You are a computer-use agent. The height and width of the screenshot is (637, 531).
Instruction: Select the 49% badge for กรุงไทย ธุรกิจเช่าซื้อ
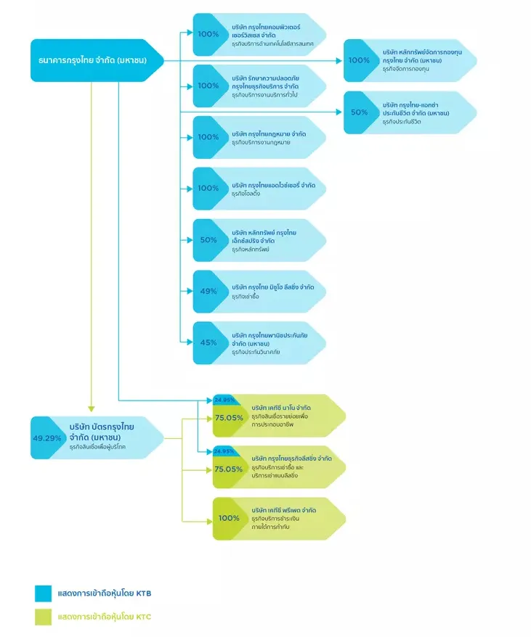(x=208, y=291)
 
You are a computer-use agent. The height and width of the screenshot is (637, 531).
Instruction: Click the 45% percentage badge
(x=208, y=342)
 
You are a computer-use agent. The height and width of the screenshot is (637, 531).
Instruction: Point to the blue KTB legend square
(x=43, y=593)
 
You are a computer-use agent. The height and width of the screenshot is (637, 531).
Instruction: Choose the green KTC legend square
(x=43, y=617)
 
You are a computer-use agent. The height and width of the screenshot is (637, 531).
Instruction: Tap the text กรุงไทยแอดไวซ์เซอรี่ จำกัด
(x=273, y=185)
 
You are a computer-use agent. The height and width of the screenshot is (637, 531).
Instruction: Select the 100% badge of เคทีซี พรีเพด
(x=229, y=519)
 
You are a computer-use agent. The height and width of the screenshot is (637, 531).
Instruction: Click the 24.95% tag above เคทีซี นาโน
(x=223, y=400)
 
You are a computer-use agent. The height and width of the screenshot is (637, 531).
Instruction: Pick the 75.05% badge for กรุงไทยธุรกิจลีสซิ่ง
(x=229, y=469)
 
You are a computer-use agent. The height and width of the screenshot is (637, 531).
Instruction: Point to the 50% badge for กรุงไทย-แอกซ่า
(x=359, y=112)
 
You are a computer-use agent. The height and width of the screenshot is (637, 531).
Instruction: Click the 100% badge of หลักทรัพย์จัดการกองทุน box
(x=359, y=60)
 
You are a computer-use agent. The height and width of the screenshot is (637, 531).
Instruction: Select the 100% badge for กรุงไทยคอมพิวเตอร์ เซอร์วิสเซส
(x=208, y=34)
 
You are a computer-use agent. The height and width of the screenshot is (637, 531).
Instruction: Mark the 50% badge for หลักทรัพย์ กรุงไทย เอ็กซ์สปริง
(x=208, y=239)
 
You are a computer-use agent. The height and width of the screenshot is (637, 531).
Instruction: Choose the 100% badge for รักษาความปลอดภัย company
(x=208, y=86)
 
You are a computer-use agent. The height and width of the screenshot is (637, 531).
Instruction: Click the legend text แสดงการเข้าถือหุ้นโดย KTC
(x=105, y=617)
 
